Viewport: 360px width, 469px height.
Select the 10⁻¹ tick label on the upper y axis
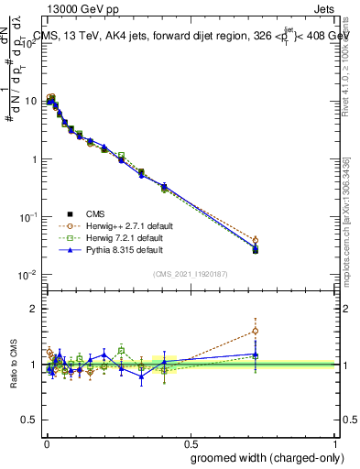pos(29,217)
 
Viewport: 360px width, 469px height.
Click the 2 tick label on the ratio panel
pos(35,310)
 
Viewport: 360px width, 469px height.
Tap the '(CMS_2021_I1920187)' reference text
pos(190,274)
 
